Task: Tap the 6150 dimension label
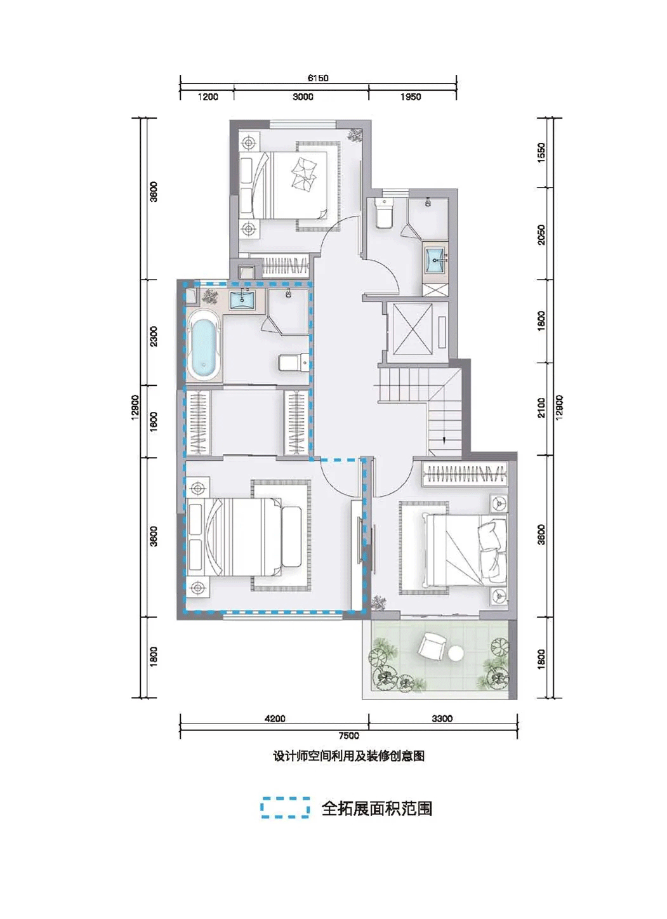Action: [x=317, y=78]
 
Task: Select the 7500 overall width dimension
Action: [x=348, y=736]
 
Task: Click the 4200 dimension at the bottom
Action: [x=275, y=718]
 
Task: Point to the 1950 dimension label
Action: [x=411, y=97]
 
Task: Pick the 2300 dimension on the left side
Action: [x=154, y=336]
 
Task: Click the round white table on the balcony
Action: [x=455, y=654]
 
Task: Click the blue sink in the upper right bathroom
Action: [x=436, y=260]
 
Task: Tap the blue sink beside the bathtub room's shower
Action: [x=242, y=299]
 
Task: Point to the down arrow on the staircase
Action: [x=444, y=440]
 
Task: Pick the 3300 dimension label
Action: [x=442, y=718]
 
